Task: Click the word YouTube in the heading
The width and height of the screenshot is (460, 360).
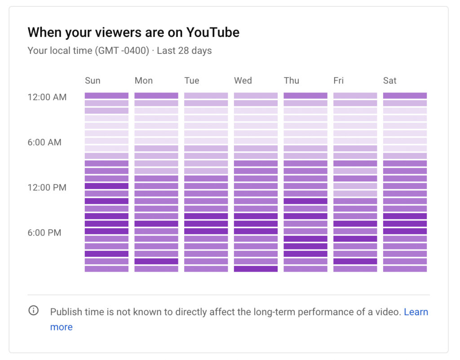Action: [x=212, y=32]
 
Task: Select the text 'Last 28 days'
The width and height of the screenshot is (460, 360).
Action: [x=184, y=51]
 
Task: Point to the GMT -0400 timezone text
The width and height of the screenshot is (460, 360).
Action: [x=121, y=51]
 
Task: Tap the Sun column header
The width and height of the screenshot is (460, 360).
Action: [x=93, y=81]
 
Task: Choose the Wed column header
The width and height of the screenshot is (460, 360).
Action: [x=243, y=81]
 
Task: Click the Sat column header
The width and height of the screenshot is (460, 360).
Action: [x=389, y=81]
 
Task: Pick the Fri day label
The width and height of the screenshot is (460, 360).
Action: [x=338, y=81]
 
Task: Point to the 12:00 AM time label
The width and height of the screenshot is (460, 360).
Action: [x=47, y=97]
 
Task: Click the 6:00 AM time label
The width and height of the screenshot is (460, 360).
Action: [x=44, y=142]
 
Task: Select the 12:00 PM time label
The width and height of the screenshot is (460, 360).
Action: [x=47, y=188]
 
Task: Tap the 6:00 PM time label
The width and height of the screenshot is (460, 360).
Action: [x=44, y=233]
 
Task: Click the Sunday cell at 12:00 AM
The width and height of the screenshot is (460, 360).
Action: [x=106, y=96]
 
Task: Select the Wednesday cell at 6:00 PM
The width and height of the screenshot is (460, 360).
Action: [x=256, y=231]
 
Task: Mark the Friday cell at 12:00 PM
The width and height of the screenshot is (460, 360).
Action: [x=355, y=186]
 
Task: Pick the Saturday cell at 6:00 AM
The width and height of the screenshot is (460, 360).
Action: [x=405, y=141]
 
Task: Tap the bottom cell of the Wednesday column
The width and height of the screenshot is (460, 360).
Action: [x=256, y=269]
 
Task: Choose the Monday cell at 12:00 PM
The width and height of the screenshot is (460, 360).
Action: [x=156, y=186]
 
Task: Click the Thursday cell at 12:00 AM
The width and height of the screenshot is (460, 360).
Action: [x=305, y=96]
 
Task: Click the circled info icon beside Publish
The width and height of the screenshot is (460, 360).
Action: [x=34, y=311]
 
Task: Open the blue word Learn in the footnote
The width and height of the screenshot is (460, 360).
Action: [x=416, y=312]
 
